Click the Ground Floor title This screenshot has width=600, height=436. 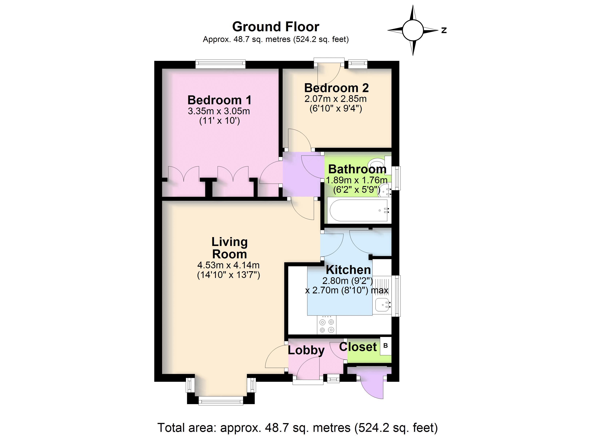(x=276, y=27)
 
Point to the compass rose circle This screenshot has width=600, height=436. (x=413, y=30)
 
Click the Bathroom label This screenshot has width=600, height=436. (x=357, y=169)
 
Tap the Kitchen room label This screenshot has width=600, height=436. (x=348, y=270)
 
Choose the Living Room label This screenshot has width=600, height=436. (x=229, y=248)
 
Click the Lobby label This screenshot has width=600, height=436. (x=306, y=350)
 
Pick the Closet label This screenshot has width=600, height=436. (x=358, y=347)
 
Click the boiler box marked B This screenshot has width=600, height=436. (x=385, y=346)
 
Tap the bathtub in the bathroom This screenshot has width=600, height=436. (x=359, y=211)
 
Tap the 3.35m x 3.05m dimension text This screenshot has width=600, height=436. (x=219, y=111)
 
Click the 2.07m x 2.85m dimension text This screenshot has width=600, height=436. (x=335, y=99)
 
